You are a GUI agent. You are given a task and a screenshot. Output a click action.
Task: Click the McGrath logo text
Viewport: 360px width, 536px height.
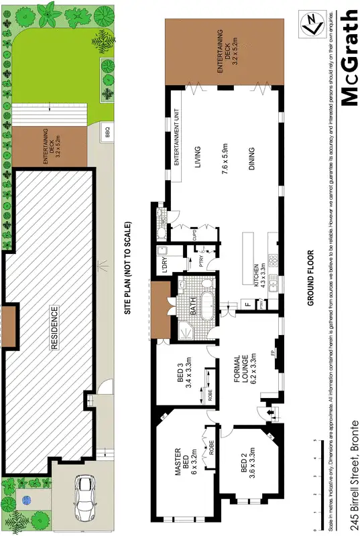click(349, 58)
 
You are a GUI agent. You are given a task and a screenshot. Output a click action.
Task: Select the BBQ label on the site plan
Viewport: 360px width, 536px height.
click(106, 132)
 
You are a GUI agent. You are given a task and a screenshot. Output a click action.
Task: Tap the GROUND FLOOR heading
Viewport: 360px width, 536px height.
click(310, 278)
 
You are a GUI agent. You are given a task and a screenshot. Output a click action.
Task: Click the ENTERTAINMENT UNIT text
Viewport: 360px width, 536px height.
click(177, 137)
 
